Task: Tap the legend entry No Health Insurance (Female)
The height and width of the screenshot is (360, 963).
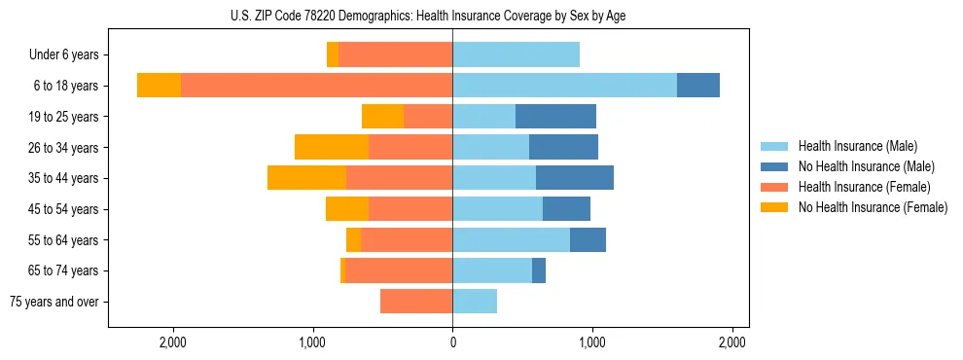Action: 872,207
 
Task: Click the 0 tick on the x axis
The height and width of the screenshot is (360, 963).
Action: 452,342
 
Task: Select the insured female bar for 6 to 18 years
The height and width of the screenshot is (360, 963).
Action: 316,86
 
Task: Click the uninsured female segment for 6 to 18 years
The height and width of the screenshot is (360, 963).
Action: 159,86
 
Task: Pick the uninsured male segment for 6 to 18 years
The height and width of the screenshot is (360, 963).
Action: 698,86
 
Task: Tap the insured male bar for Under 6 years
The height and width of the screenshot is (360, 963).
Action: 516,55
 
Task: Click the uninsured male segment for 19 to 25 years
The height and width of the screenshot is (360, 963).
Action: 555,117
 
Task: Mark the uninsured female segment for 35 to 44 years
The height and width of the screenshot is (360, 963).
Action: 306,178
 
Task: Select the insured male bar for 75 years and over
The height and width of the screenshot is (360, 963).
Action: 475,302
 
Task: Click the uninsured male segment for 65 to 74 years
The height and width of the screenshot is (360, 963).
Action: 539,270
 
